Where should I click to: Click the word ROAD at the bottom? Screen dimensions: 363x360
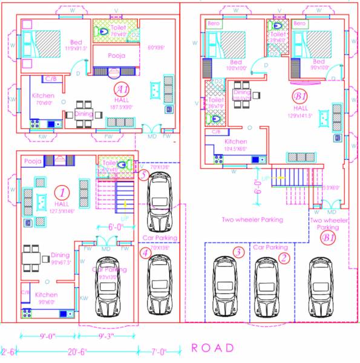212,348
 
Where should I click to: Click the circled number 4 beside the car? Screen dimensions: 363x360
145,253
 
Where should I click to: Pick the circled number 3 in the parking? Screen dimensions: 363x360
238,252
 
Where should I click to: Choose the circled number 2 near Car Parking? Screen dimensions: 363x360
284,258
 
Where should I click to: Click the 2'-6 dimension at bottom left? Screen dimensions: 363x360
8,351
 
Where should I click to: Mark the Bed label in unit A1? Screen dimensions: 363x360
77,41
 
